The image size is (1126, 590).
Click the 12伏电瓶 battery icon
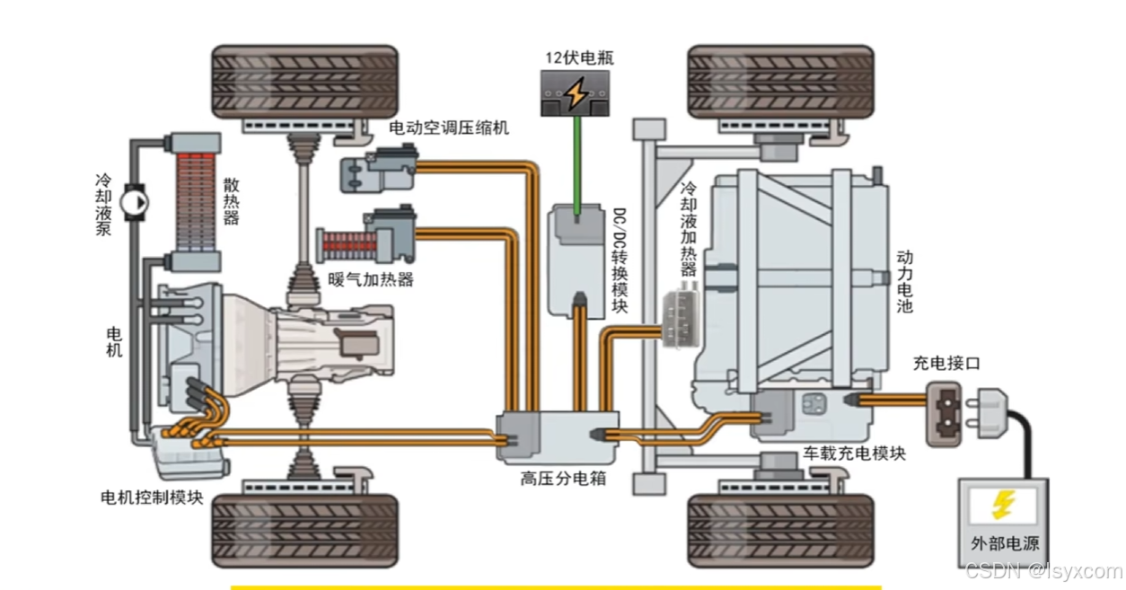575,92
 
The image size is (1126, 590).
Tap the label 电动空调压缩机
448,128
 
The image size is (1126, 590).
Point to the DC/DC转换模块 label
620,260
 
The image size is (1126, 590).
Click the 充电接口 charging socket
943,413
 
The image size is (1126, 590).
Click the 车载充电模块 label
853,453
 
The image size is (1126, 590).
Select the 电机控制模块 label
153,497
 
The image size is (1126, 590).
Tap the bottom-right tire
779,530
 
